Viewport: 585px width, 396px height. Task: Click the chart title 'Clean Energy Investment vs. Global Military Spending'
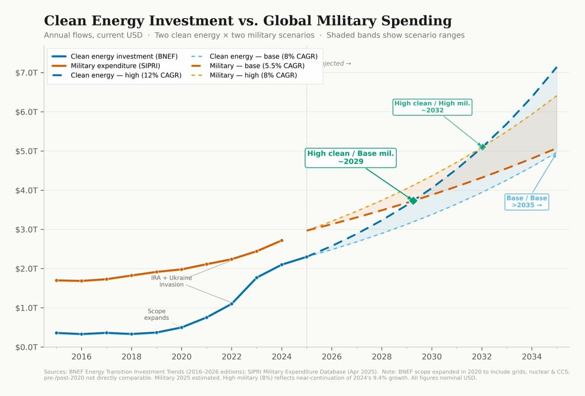click(248, 21)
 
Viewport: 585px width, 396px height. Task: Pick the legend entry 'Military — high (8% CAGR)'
click(253, 75)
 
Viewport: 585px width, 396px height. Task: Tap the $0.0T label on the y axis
click(26, 347)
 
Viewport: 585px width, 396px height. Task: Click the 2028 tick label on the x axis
click(382, 357)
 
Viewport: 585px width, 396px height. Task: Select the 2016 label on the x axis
click(81, 357)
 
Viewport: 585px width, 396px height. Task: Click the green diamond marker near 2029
click(413, 201)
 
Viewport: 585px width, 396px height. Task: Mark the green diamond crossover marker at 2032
click(482, 147)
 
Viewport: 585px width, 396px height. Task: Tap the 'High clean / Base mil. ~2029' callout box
click(350, 157)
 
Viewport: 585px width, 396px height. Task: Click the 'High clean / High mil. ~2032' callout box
click(432, 106)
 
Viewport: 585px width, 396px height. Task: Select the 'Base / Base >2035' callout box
click(526, 202)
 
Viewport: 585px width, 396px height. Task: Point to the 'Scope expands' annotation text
click(156, 314)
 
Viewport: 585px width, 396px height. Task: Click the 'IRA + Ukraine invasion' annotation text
click(171, 281)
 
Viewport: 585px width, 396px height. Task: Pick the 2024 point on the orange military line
click(282, 240)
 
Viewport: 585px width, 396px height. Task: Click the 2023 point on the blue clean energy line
click(256, 277)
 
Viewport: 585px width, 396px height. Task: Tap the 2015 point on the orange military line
click(57, 280)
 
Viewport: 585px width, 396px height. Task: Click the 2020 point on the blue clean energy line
click(181, 327)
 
